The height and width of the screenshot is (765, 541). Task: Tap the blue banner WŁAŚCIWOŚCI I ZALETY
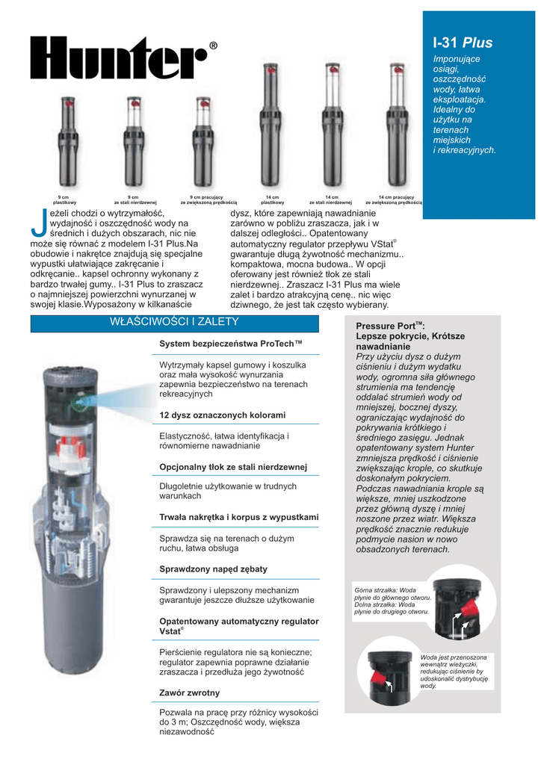click(174, 322)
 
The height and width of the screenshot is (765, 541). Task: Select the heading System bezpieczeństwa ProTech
click(230, 344)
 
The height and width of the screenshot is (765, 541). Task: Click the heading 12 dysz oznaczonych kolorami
click(223, 415)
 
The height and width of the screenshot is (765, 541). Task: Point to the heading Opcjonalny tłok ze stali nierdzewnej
click(233, 467)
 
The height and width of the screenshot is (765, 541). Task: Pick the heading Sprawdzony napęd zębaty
click(213, 569)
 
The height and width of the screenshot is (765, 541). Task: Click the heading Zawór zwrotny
click(189, 693)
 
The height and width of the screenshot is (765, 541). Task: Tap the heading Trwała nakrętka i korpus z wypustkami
click(238, 517)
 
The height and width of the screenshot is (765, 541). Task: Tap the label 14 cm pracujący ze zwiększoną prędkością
click(394, 200)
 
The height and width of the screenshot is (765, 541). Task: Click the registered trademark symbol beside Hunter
click(214, 46)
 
